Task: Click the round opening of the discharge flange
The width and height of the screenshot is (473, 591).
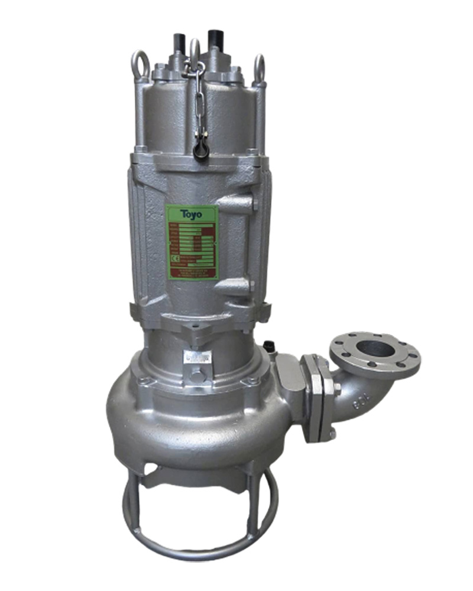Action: click(x=375, y=349)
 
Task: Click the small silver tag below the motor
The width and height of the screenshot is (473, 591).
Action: click(x=196, y=358)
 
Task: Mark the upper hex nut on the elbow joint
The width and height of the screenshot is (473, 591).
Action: click(x=336, y=390)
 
